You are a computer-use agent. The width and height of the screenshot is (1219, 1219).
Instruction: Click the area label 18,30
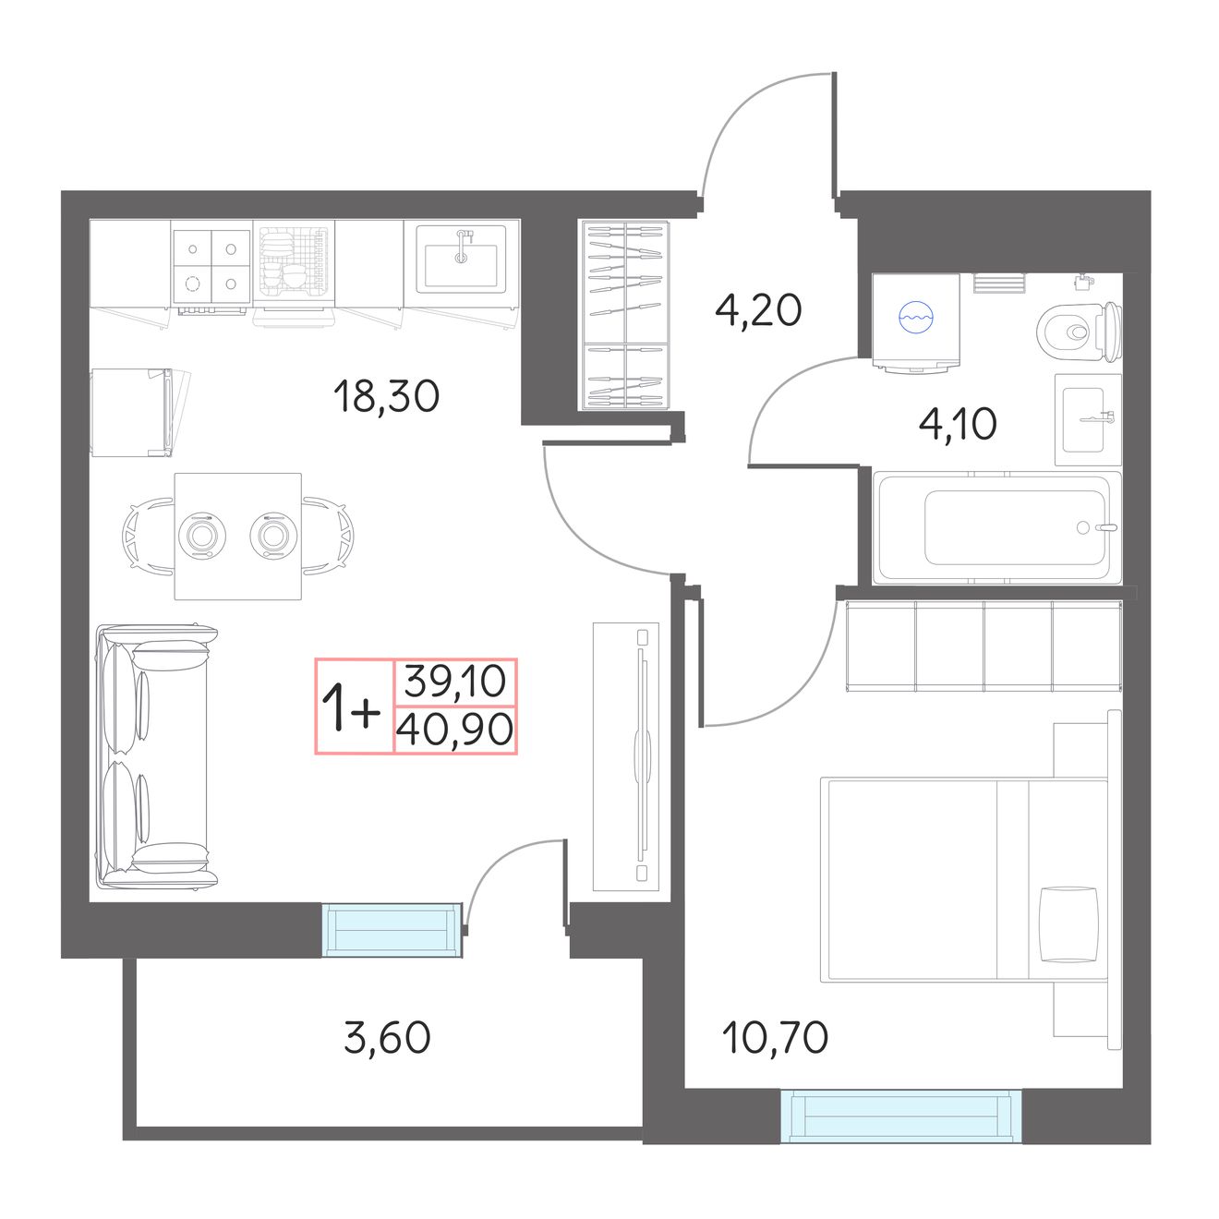coord(387,396)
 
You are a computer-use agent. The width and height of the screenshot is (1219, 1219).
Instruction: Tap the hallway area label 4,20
coord(758,310)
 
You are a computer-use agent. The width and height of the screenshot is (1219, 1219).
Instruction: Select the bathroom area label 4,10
coord(958,425)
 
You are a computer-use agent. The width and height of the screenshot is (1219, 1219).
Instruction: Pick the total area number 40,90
coord(455,730)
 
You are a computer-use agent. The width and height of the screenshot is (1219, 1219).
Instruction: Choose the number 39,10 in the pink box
coord(455,682)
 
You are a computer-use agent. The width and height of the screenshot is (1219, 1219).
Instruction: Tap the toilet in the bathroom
coord(1080,332)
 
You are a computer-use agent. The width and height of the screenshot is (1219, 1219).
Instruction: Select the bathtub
coord(996,527)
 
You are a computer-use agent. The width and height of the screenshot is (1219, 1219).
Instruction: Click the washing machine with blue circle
coord(916,322)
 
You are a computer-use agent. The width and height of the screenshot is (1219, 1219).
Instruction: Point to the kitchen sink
coord(461,259)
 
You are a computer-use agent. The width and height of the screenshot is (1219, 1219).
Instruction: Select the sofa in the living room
coord(156,755)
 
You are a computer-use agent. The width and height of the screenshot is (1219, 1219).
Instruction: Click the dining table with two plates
coord(238,536)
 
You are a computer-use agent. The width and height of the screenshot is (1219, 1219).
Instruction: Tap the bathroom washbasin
coord(1088,419)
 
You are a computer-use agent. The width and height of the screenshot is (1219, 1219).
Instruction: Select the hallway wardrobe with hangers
coord(625,314)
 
